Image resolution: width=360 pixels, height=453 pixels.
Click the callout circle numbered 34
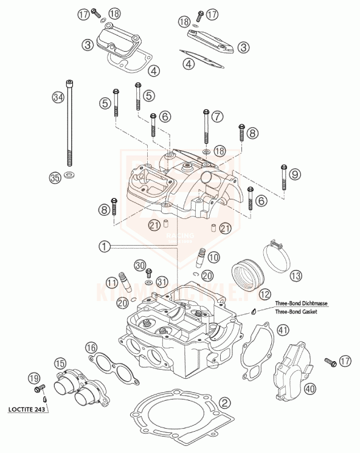pyautogui.click(x=58, y=97)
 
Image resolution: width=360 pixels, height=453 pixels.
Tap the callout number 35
pyautogui.click(x=55, y=178)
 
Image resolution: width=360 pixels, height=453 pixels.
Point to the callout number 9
pyautogui.click(x=294, y=175)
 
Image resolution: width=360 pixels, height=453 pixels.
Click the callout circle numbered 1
pyautogui.click(x=105, y=246)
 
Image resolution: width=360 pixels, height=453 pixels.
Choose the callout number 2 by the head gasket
pyautogui.click(x=224, y=403)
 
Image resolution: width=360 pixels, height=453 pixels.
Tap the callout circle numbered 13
pyautogui.click(x=295, y=275)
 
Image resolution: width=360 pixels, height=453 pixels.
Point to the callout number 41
pyautogui.click(x=282, y=330)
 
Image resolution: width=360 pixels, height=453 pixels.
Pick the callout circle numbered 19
pyautogui.click(x=35, y=379)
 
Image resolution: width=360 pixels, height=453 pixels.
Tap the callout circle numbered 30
pyautogui.click(x=140, y=265)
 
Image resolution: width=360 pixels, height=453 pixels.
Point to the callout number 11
pyautogui.click(x=111, y=282)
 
